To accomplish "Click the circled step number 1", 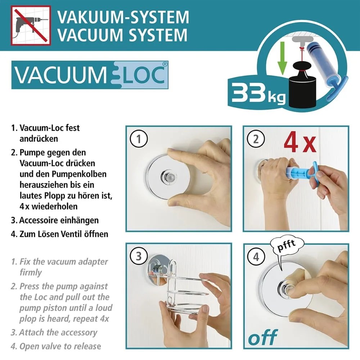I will click(x=139, y=139).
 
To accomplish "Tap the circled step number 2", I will click(x=256, y=139).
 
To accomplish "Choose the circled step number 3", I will click(x=139, y=256).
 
